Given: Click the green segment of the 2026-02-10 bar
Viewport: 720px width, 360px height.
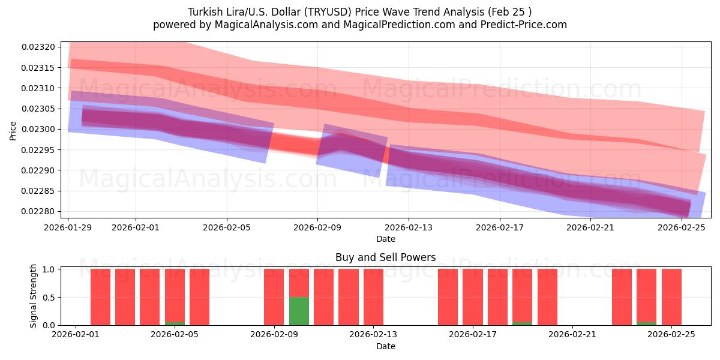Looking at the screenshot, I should pos(299,311).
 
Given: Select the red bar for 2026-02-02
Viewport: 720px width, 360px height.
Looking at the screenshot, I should pos(100,297).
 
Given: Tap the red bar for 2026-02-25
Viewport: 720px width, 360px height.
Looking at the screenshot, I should pos(671,297).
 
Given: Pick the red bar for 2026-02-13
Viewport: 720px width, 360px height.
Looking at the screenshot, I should pos(373,297).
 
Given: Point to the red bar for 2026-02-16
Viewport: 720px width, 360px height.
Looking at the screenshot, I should pos(448,297).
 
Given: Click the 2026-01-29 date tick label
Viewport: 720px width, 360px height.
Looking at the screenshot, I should pos(68,227).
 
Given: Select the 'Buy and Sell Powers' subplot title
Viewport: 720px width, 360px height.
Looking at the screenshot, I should pos(385,258).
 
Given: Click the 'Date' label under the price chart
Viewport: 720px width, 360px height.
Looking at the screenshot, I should pos(385,239).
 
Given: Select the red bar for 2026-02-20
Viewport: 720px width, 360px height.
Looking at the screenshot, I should pos(547,297).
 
